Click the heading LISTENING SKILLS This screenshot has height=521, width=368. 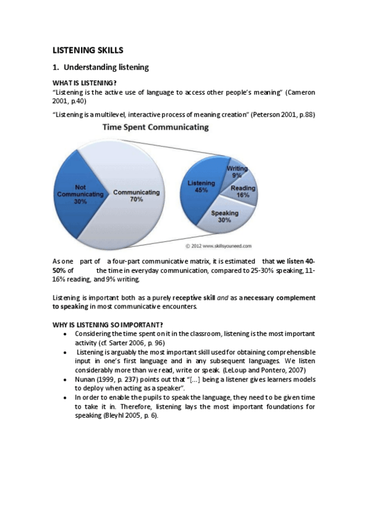point(88,50)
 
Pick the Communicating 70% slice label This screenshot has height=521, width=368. point(136,196)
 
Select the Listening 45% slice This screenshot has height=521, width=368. point(201,186)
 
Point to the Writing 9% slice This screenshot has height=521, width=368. point(237,171)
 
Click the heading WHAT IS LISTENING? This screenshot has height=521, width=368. point(85,83)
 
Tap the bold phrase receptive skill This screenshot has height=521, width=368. point(194,297)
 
